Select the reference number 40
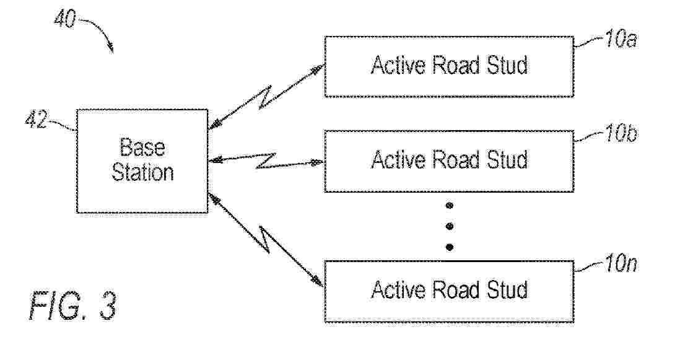[65, 19]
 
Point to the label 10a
[621, 38]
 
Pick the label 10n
[621, 263]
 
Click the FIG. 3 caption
[73, 305]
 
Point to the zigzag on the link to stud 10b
[266, 161]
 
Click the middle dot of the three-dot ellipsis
[450, 226]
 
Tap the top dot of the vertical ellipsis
[450, 205]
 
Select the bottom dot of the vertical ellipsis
[450, 247]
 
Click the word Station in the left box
[142, 172]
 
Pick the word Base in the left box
[142, 147]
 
